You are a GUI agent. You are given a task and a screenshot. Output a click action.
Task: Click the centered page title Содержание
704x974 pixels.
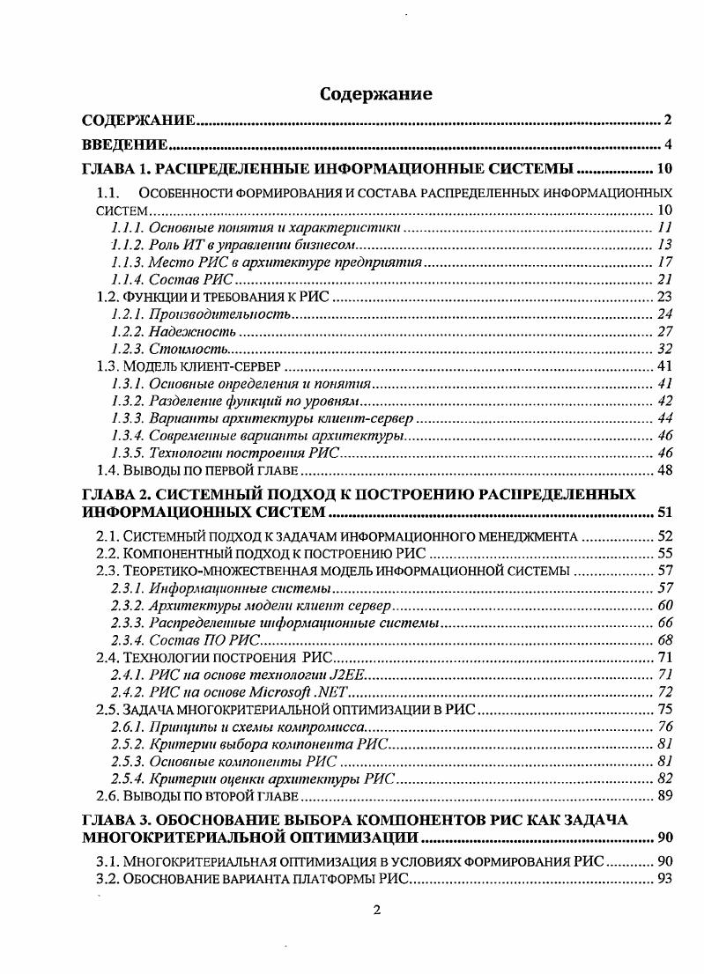pos(375,93)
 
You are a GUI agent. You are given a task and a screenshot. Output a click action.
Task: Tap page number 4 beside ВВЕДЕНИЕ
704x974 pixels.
pos(669,144)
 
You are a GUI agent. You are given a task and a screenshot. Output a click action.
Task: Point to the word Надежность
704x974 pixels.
pos(193,331)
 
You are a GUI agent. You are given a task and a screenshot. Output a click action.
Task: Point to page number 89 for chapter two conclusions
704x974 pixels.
pos(665,796)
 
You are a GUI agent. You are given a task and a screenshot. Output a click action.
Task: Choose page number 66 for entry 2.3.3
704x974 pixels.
pos(665,623)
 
